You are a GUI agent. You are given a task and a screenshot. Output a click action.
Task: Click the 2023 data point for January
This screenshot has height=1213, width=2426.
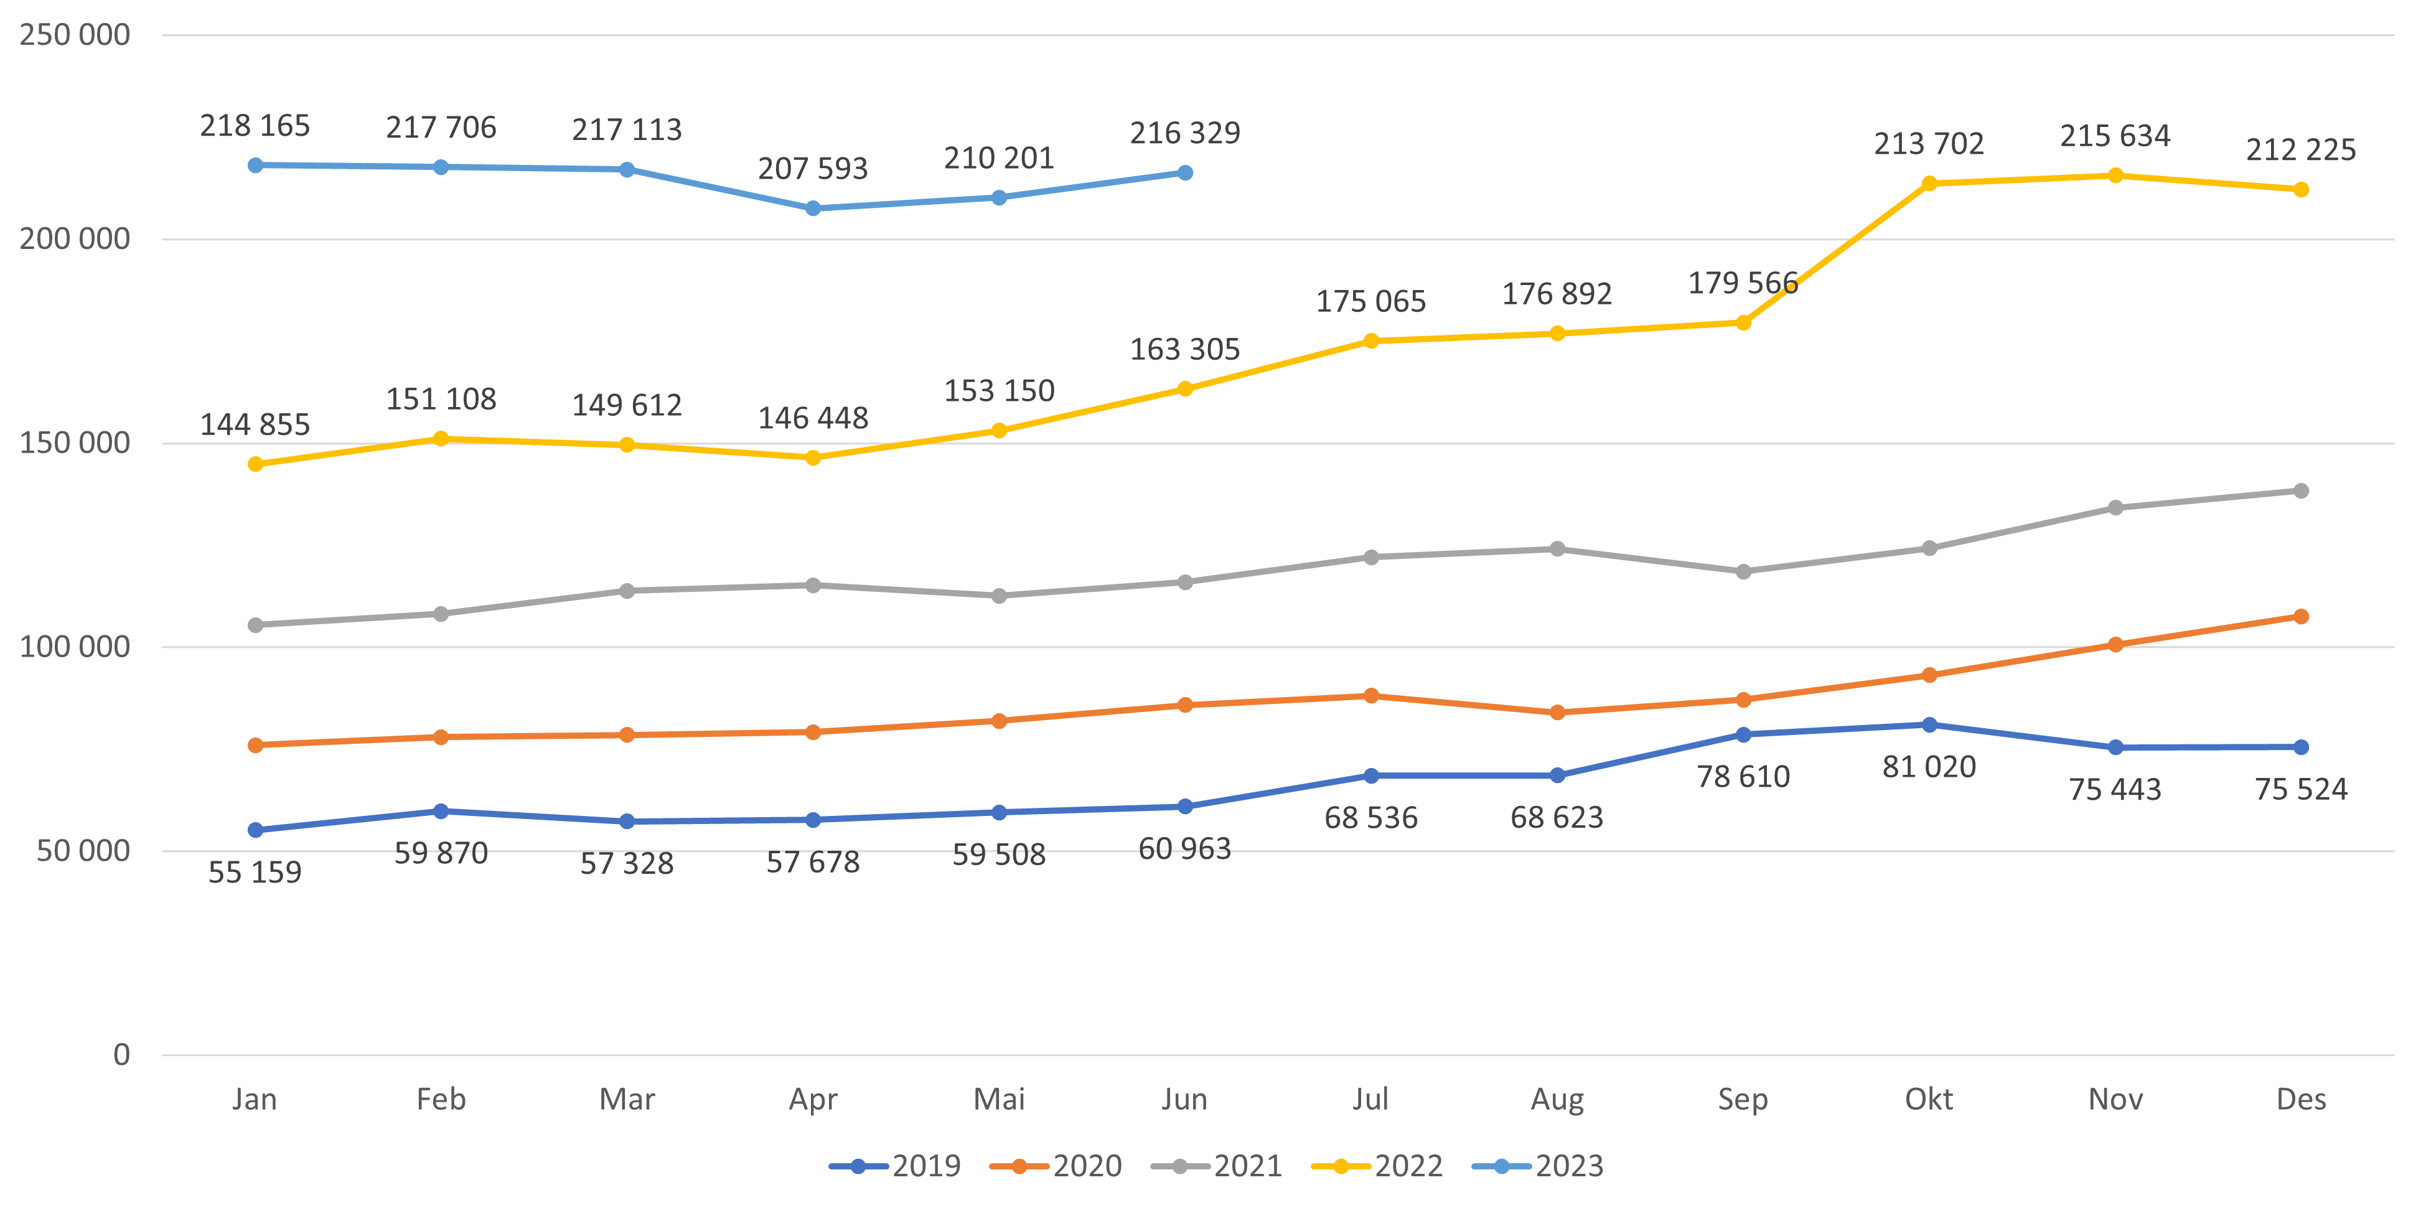click(x=255, y=166)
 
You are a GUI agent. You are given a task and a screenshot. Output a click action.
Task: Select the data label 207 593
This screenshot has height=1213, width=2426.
click(x=813, y=169)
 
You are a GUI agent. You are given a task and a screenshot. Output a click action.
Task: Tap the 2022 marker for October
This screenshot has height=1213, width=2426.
click(x=1929, y=184)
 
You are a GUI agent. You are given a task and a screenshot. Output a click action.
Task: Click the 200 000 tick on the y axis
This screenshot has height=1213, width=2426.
click(x=75, y=239)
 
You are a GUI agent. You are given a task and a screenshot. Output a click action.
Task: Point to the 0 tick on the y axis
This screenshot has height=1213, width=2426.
click(x=121, y=1055)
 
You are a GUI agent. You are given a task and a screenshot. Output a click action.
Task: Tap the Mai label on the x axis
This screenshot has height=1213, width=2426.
click(x=998, y=1100)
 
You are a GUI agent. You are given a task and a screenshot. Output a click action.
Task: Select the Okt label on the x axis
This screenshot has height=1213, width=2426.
click(x=1928, y=1100)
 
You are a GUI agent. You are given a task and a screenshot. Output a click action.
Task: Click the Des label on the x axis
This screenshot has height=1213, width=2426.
click(x=2301, y=1100)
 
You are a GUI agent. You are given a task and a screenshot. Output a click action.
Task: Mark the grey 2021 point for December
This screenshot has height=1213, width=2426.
click(x=2301, y=490)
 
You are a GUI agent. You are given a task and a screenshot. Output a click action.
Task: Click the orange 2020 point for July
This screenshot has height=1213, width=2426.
click(x=1371, y=696)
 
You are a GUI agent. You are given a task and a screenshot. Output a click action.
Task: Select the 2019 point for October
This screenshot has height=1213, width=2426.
click(x=1929, y=725)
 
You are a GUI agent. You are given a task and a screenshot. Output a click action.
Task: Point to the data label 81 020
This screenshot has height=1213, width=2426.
click(x=1929, y=767)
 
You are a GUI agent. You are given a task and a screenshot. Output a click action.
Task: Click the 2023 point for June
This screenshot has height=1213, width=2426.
click(x=1185, y=173)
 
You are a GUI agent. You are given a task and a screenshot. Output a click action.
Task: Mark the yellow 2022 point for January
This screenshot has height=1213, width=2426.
click(x=255, y=464)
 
